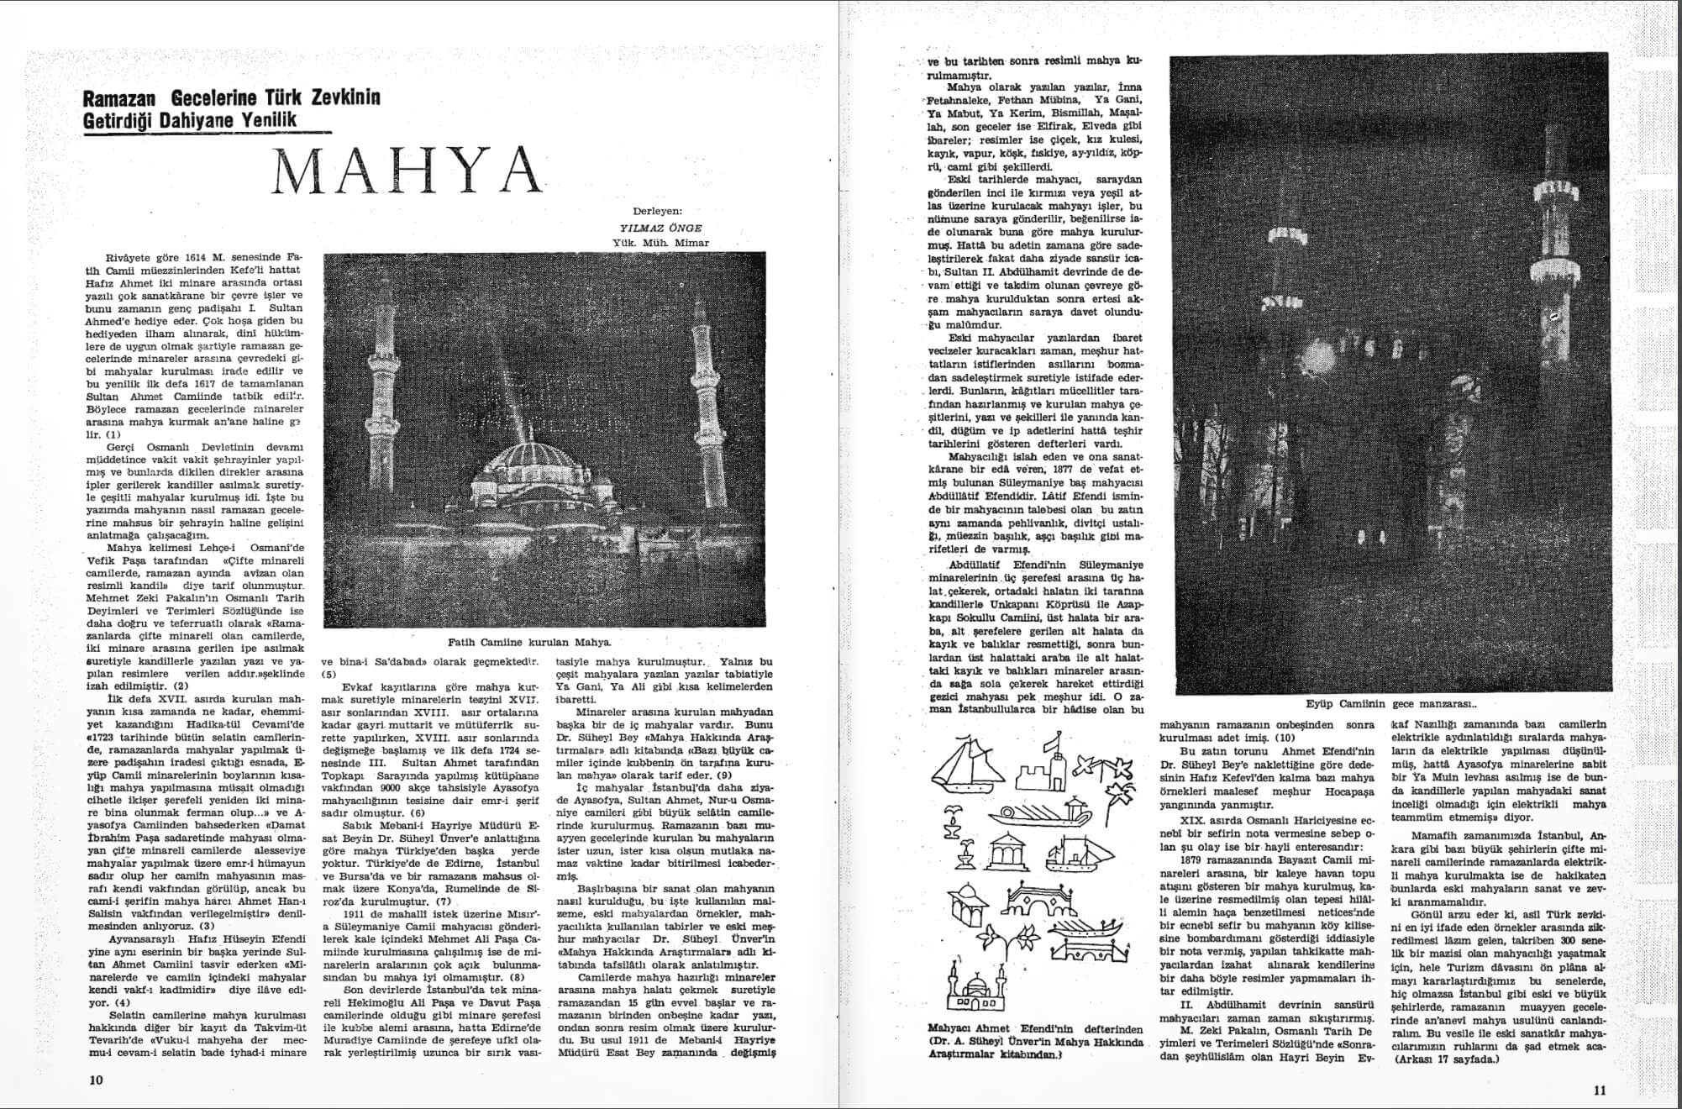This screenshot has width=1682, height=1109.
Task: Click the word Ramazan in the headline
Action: point(122,98)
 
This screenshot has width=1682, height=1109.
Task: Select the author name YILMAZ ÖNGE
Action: point(660,228)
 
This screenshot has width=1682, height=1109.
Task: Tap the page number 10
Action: point(96,1080)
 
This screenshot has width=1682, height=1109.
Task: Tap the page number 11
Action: point(1599,1091)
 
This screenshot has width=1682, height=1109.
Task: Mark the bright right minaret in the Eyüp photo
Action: point(1547,252)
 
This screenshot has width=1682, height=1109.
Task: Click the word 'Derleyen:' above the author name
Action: point(657,212)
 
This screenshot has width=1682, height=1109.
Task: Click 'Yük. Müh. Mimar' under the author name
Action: point(660,243)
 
